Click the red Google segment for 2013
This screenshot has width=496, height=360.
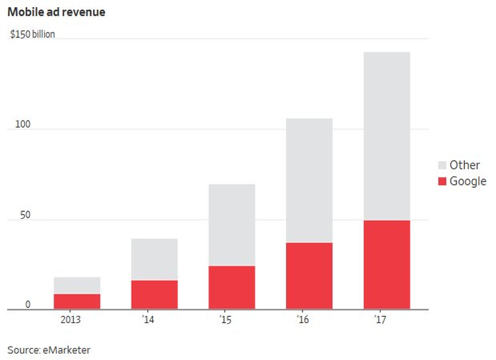77,301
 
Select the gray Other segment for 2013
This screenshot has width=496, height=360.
77,285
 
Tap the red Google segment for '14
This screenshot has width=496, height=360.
154,294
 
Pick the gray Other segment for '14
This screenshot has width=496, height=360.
154,259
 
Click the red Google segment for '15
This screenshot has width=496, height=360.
232,287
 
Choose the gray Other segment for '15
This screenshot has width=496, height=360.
232,225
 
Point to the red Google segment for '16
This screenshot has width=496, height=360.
309,276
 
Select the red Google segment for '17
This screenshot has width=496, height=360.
386,264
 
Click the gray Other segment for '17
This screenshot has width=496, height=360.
386,136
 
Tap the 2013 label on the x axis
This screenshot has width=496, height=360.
70,320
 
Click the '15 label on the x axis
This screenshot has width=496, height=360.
225,320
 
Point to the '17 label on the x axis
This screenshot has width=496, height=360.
380,320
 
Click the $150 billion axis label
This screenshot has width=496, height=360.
32,34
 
